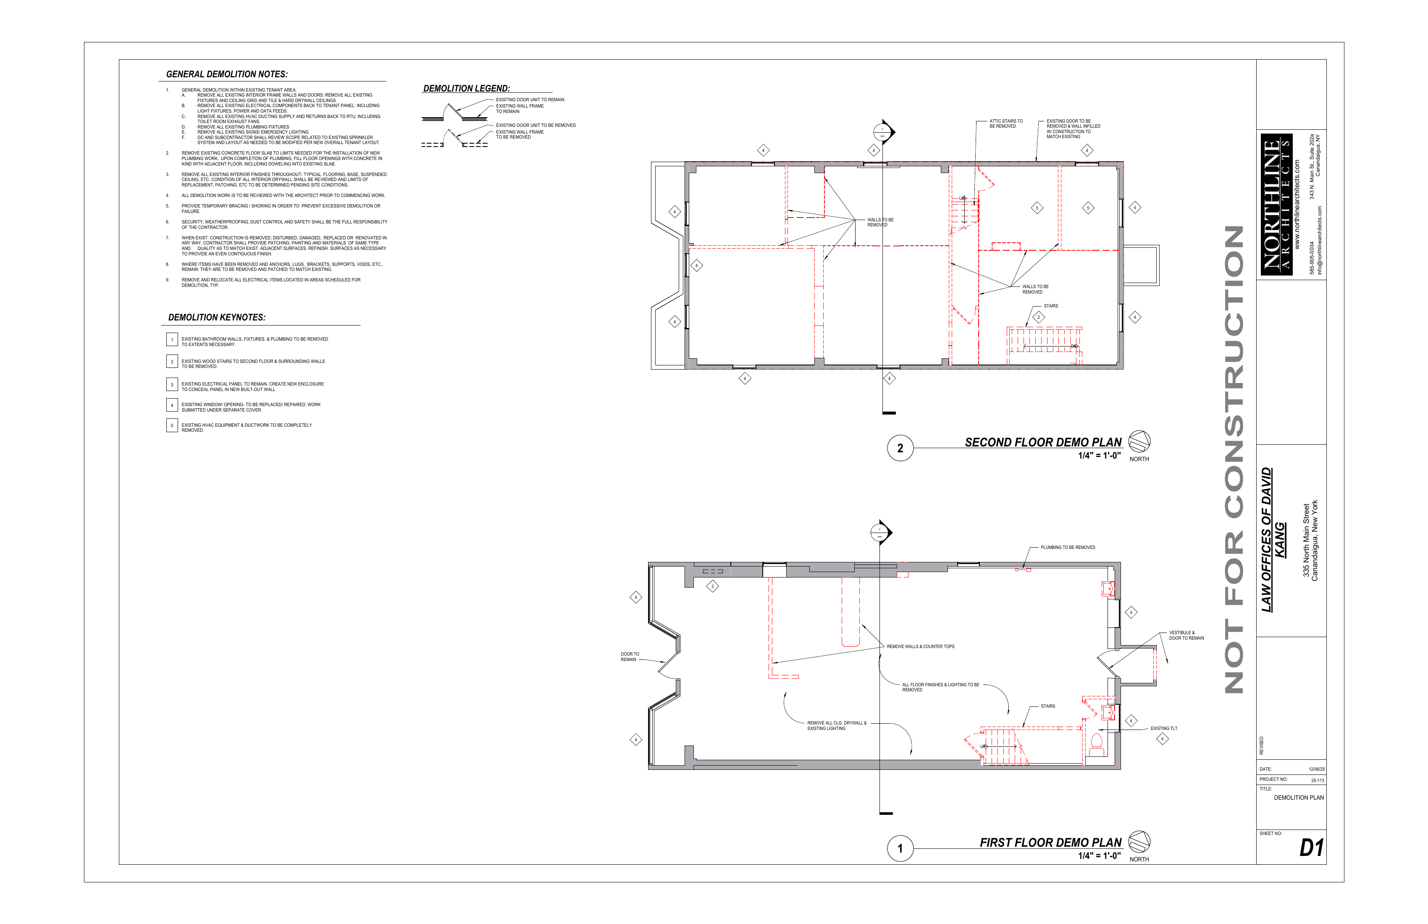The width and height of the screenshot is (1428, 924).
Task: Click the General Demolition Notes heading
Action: (x=226, y=74)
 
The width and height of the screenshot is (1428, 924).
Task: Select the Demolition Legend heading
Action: (x=466, y=88)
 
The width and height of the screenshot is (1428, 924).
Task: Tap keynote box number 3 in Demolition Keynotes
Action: (x=172, y=385)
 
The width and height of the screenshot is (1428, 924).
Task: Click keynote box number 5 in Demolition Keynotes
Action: (x=172, y=425)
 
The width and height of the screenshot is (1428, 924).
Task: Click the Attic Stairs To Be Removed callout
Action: (x=1006, y=123)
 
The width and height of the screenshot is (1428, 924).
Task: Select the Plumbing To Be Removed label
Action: (x=1068, y=547)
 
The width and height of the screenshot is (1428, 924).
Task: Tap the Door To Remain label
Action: (x=630, y=657)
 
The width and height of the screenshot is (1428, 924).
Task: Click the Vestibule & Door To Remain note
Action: (x=1186, y=635)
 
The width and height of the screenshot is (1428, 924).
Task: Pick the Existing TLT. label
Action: (x=1164, y=728)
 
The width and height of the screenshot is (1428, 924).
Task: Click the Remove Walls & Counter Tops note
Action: (x=920, y=646)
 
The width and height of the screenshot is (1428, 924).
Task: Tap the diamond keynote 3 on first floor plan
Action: (x=712, y=586)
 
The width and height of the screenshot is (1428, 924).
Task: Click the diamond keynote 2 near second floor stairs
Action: (x=1039, y=318)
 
